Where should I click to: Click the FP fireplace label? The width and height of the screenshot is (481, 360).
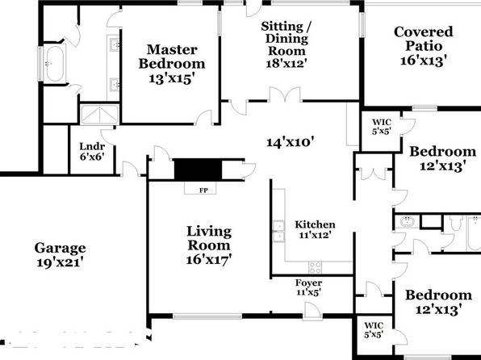[203, 190]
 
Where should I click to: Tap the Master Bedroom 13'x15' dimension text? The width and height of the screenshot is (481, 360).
[172, 78]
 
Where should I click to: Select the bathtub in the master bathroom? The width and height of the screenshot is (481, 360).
[55, 64]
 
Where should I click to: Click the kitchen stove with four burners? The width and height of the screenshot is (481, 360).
[315, 266]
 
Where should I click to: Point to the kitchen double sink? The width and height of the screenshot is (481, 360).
[279, 231]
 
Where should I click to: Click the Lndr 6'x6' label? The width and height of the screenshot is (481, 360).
[92, 152]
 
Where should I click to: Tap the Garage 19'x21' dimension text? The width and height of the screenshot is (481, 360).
[60, 262]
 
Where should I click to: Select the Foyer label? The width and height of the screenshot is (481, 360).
[308, 283]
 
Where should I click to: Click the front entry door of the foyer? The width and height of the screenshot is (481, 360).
[312, 311]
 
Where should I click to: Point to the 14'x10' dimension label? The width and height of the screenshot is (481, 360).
[290, 142]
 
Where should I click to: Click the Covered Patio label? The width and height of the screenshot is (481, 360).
[424, 39]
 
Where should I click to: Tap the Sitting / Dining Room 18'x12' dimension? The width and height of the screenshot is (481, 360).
[287, 64]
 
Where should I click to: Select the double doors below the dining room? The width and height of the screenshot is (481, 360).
[285, 94]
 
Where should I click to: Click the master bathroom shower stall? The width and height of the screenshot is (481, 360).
[99, 115]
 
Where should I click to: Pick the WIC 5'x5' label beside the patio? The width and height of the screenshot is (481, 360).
[382, 127]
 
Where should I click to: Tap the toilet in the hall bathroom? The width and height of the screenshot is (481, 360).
[456, 223]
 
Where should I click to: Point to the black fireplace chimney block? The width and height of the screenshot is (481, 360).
[198, 170]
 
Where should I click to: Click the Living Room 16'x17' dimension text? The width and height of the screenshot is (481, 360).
[208, 260]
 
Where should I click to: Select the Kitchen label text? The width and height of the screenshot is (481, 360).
[315, 224]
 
